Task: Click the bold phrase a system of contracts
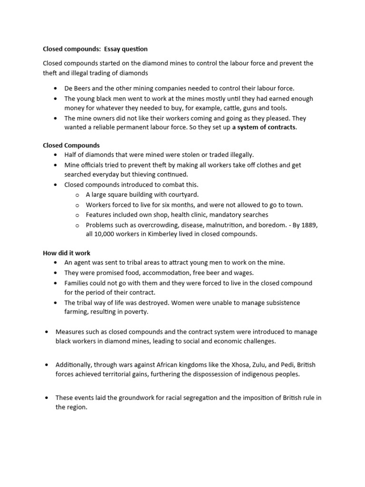tap(264, 127)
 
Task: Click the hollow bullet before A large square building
tap(77, 195)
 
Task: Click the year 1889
tap(308, 224)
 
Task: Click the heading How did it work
tap(67, 253)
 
